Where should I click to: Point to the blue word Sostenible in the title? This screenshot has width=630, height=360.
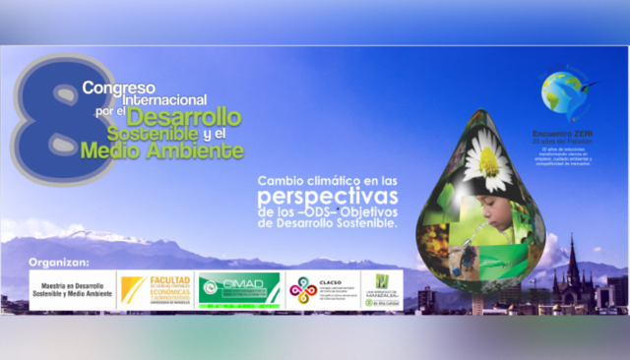click(159, 135)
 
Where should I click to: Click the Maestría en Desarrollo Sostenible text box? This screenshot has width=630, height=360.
click(69, 290)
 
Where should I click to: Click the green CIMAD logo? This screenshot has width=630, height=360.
click(238, 290)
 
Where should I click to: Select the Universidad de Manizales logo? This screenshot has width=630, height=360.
click(381, 290)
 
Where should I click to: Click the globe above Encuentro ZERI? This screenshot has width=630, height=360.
click(564, 94)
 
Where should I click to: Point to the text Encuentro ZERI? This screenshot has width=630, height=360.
click(564, 135)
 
